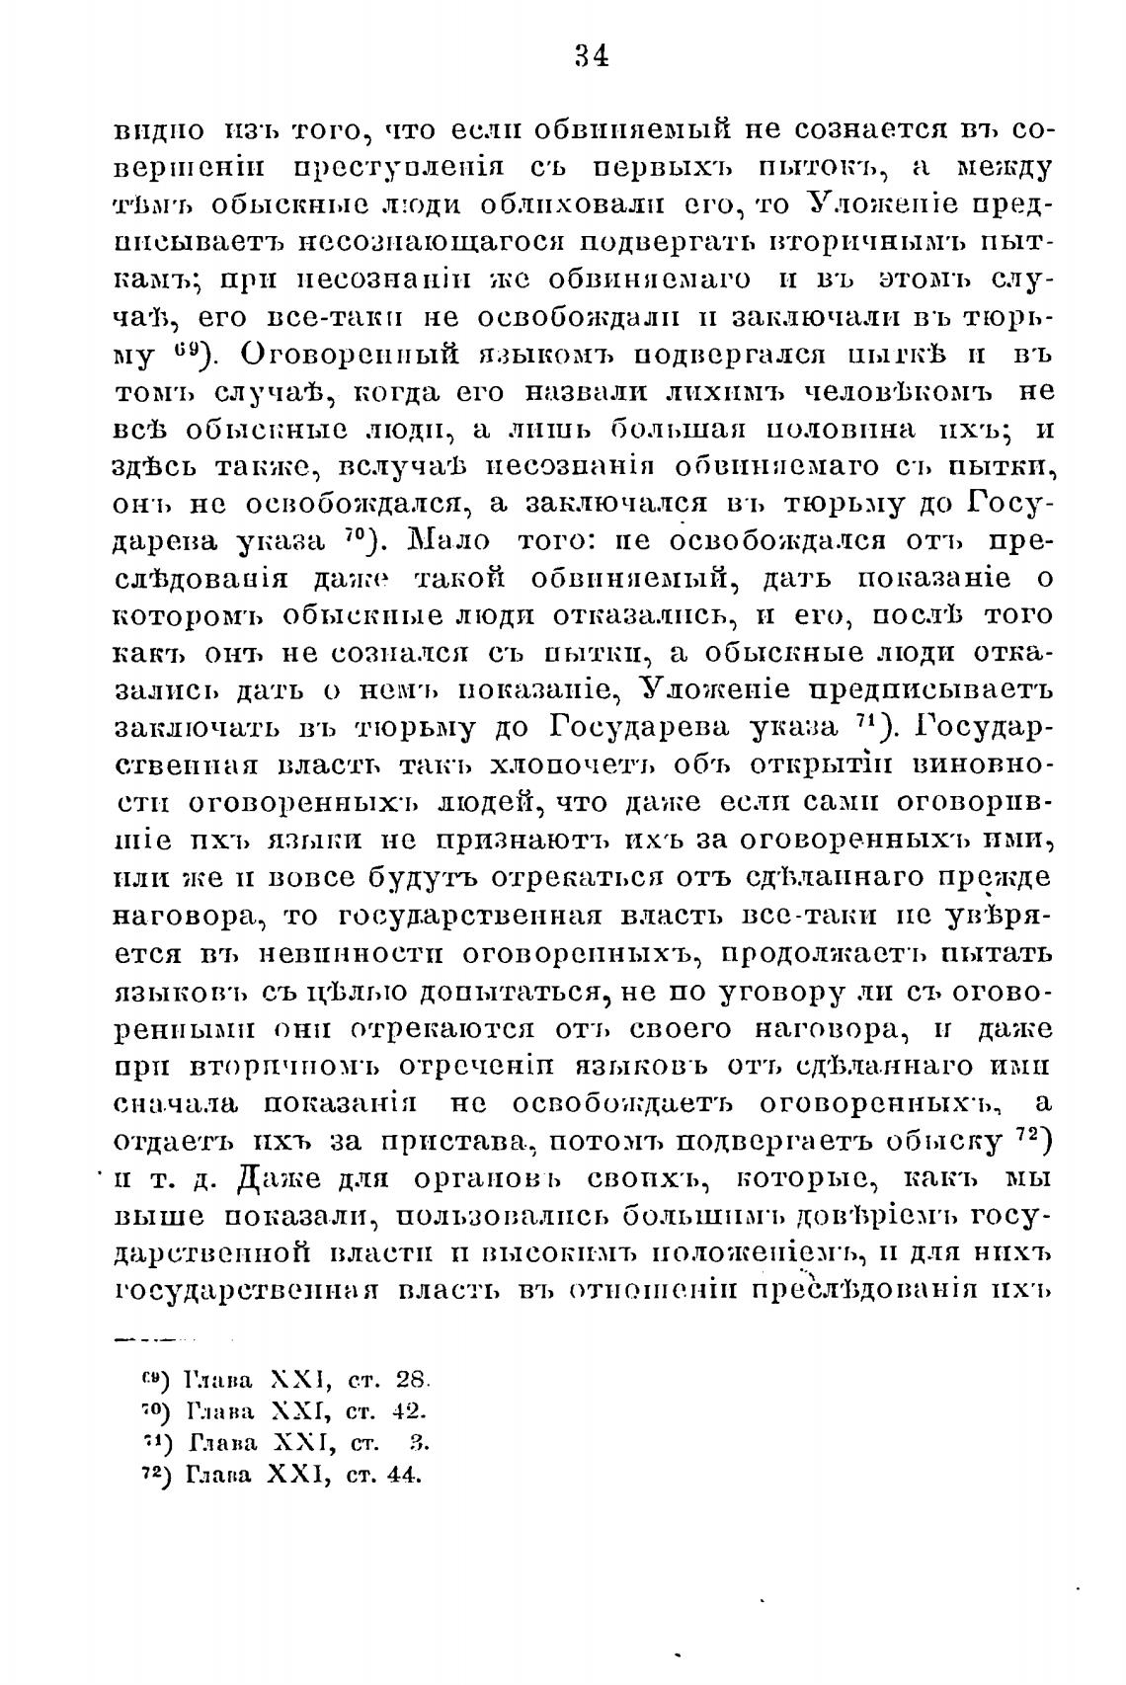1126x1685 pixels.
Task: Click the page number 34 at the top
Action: click(x=591, y=55)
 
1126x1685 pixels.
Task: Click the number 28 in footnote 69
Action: click(x=408, y=1378)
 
